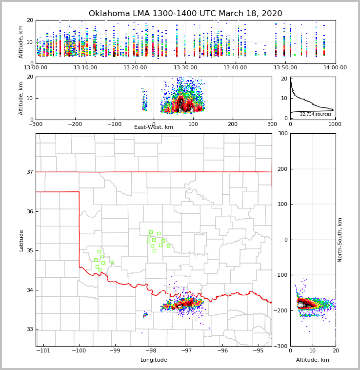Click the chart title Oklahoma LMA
[x=185, y=14]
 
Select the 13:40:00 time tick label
[x=235, y=68]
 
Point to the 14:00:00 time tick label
[x=335, y=68]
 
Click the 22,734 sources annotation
[x=316, y=114]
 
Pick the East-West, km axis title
[x=154, y=127]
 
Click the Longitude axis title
[x=154, y=360]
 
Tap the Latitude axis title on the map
[x=21, y=240]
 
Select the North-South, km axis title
[x=340, y=240]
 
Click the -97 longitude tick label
[x=186, y=351]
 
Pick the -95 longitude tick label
[x=258, y=351]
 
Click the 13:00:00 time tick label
[x=36, y=68]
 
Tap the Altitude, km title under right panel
[x=313, y=360]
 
